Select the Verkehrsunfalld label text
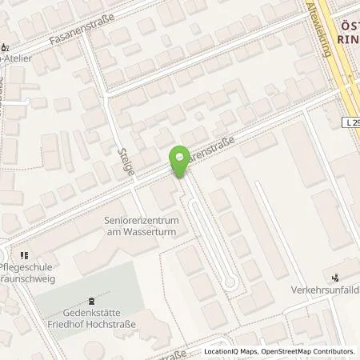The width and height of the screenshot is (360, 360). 325,291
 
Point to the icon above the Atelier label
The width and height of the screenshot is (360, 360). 6,46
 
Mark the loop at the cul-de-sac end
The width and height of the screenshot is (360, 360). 230,281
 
